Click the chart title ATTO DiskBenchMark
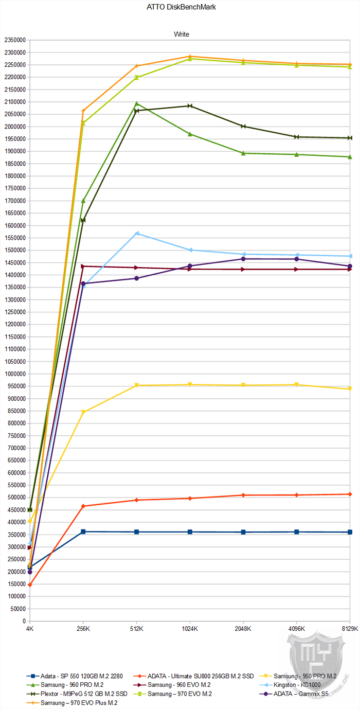(180, 8)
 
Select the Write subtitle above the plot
(181, 34)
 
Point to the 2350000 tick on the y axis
(15, 40)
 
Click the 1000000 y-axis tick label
(15, 374)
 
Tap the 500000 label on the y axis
(16, 498)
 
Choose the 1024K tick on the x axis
(190, 628)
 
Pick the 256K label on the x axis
(83, 628)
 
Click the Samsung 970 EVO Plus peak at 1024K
(190, 57)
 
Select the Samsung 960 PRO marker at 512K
(137, 104)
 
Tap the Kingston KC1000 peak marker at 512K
(137, 234)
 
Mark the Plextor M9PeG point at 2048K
(243, 127)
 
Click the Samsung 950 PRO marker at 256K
(83, 412)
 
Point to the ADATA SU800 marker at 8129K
(350, 494)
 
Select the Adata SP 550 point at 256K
(83, 531)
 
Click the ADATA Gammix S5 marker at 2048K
(243, 259)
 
